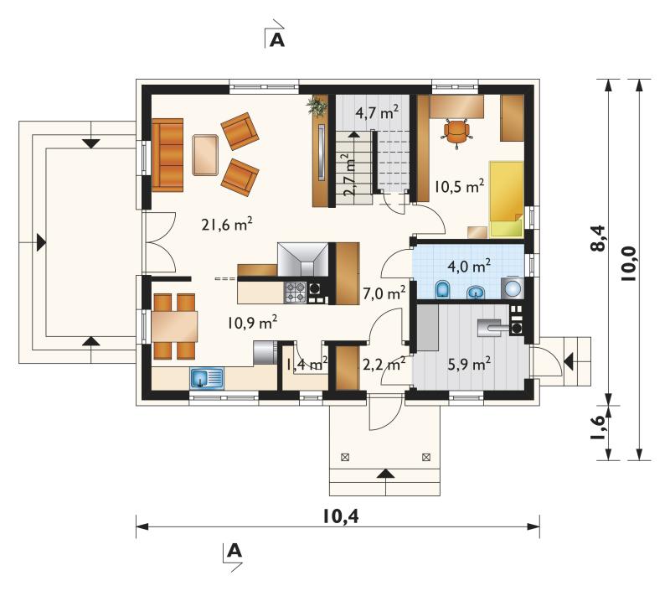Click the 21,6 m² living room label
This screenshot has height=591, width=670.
226,224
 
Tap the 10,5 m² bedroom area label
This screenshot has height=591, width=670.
459,186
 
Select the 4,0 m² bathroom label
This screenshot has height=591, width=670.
469,266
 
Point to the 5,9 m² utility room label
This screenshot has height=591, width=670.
469,364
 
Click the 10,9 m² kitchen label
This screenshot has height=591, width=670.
252,322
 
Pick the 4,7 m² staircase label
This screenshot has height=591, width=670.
378,112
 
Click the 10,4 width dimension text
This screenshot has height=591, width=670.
341,516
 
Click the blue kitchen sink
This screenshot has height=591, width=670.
207,378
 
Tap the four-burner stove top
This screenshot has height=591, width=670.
296,292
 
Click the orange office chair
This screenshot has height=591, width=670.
456,132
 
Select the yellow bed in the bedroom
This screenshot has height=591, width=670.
507,199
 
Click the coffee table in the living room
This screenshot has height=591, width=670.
205,155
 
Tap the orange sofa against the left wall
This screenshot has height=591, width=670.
167,155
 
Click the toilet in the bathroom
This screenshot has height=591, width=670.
442,289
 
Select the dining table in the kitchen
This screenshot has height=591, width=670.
175,326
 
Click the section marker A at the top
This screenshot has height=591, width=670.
277,39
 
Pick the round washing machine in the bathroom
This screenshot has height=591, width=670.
513,288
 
